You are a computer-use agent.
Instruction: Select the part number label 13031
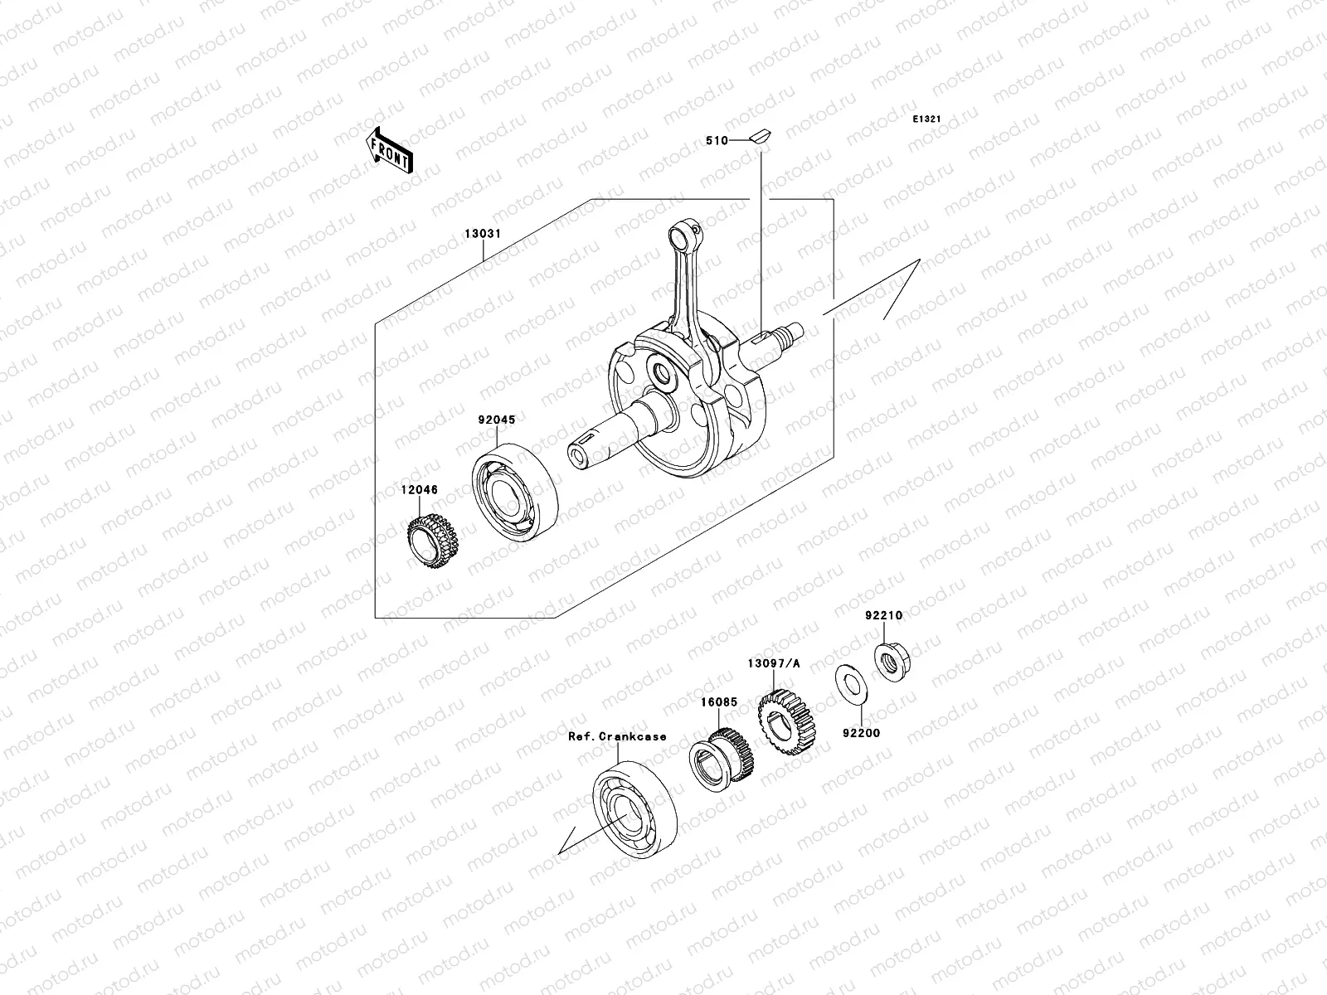[482, 234]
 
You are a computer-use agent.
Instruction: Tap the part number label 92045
[496, 420]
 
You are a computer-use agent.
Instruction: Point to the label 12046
[420, 490]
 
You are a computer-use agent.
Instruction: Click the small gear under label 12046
[432, 541]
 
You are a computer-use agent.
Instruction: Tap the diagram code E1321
[926, 119]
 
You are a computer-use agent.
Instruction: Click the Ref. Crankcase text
[617, 736]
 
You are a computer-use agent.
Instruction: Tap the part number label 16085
[717, 701]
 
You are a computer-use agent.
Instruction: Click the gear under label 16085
[722, 755]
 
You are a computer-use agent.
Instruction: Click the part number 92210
[883, 616]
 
